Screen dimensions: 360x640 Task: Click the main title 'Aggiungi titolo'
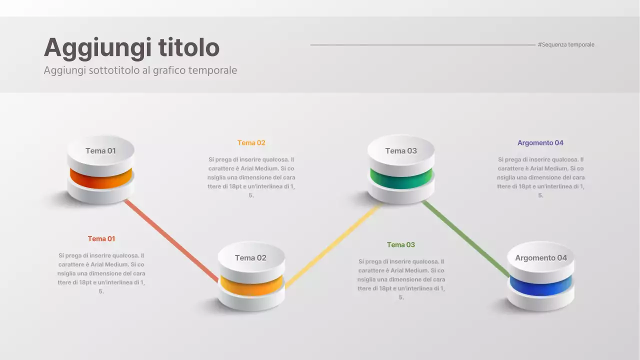pyautogui.click(x=131, y=48)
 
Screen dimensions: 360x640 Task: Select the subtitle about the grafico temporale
pyautogui.click(x=140, y=70)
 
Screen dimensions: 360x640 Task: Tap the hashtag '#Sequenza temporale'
pyautogui.click(x=566, y=45)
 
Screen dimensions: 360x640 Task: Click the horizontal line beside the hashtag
pyautogui.click(x=422, y=45)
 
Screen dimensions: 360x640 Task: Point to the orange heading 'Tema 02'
pyautogui.click(x=251, y=143)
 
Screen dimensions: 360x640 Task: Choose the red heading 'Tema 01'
pyautogui.click(x=101, y=239)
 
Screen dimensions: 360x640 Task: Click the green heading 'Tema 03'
pyautogui.click(x=401, y=245)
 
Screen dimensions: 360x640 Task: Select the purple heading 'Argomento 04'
pyautogui.click(x=540, y=143)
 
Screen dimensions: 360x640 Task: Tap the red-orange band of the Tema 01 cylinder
pyautogui.click(x=101, y=179)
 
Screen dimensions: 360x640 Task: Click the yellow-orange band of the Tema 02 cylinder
pyautogui.click(x=251, y=286)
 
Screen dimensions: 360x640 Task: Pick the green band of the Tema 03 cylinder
pyautogui.click(x=401, y=179)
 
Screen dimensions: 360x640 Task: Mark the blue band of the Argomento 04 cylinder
pyautogui.click(x=541, y=286)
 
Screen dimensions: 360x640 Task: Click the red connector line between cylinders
pyautogui.click(x=170, y=239)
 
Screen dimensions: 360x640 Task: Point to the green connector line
pyautogui.click(x=465, y=238)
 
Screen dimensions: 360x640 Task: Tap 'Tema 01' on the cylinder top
pyautogui.click(x=100, y=151)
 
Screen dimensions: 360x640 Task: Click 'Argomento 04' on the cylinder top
pyautogui.click(x=541, y=258)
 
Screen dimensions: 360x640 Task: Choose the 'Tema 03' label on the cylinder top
pyautogui.click(x=401, y=151)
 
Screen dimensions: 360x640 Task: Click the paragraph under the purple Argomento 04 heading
pyautogui.click(x=540, y=177)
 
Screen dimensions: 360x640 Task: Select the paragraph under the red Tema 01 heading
pyautogui.click(x=101, y=273)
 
